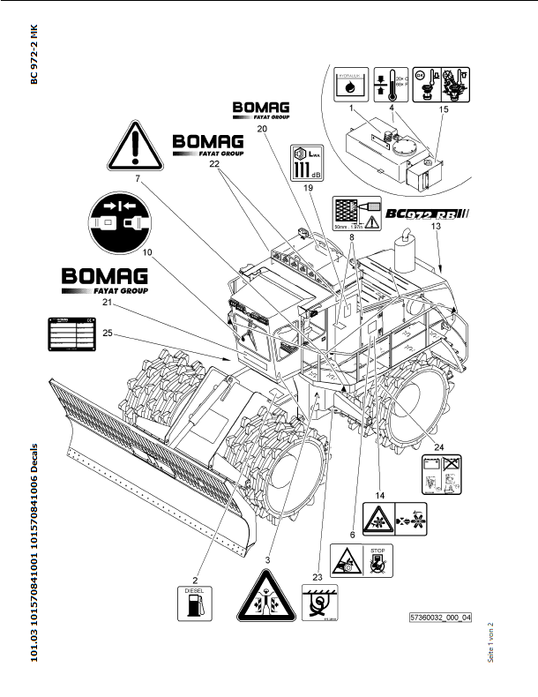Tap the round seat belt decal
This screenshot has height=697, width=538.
pyautogui.click(x=119, y=221)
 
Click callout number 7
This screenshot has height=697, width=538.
pyautogui.click(x=138, y=179)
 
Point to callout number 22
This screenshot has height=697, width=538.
pyautogui.click(x=213, y=164)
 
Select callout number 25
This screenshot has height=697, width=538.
pyautogui.click(x=108, y=333)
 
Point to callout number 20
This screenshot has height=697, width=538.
pyautogui.click(x=262, y=128)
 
